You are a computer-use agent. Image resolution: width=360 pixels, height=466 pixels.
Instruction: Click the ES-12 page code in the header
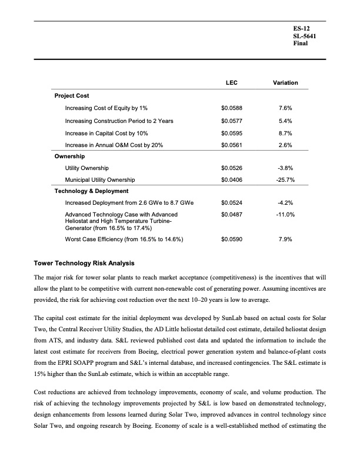(301, 28)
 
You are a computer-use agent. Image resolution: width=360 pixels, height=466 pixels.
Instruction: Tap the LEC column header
(231, 82)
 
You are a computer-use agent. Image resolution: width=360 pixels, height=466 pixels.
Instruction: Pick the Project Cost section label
(72, 95)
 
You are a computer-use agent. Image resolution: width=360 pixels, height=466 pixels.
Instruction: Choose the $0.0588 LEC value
(231, 108)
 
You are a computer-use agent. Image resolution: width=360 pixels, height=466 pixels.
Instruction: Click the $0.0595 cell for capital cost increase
(231, 133)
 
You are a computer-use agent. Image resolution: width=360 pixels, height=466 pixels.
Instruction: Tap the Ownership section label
(70, 157)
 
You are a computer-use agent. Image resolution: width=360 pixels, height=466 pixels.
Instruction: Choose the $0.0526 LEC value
(231, 168)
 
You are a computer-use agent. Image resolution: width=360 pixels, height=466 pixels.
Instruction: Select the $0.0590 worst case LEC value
(231, 239)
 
